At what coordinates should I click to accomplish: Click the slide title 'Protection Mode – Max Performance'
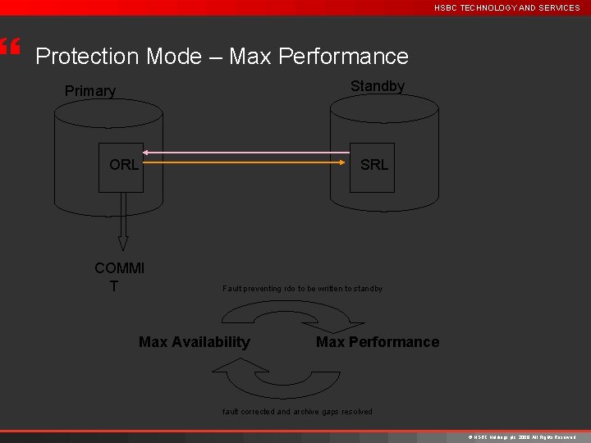point(222,57)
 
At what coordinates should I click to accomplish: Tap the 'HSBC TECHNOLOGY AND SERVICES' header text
point(506,7)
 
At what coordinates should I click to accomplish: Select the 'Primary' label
point(90,91)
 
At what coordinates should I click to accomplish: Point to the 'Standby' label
point(377,86)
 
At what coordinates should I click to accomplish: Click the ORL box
point(121,168)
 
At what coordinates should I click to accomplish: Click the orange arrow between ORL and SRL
point(246,162)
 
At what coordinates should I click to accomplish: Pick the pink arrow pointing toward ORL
point(246,153)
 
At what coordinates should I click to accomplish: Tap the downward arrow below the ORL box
point(123,221)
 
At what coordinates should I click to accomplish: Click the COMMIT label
point(119,276)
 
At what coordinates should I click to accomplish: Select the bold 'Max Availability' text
point(195,342)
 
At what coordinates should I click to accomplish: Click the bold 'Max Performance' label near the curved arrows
point(378,342)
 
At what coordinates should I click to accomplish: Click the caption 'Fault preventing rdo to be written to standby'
point(302,289)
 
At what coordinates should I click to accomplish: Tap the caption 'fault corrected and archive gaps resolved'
point(297,412)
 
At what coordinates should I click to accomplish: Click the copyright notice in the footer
point(521,437)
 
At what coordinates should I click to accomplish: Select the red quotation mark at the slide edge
point(9,47)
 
